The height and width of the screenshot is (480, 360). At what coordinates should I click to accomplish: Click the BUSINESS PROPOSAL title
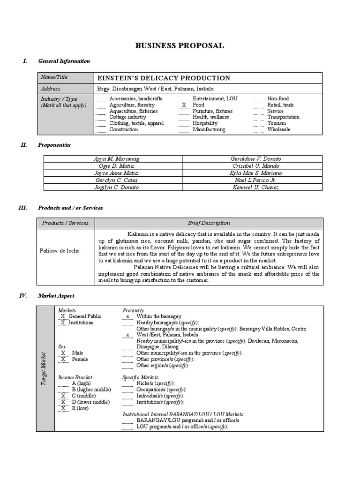pos(180,45)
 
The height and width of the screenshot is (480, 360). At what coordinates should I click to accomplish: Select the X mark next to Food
pos(184,105)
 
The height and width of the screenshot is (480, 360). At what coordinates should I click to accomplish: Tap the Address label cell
pos(50,89)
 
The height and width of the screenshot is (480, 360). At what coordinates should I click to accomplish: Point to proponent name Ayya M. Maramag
pos(117,159)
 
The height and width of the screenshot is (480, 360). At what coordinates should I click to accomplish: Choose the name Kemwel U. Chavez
pos(255,187)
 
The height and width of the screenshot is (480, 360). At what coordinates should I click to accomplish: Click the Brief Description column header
pos(209,223)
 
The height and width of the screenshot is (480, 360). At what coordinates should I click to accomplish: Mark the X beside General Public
pos(62,316)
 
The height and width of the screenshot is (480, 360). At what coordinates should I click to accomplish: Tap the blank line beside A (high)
pos(63,383)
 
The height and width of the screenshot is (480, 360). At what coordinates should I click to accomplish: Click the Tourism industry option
pos(276,123)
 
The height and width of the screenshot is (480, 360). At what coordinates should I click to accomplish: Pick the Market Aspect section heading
pos(56,296)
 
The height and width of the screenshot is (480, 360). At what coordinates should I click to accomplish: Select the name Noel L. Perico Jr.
pos(255,180)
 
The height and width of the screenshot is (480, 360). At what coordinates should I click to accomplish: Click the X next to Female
pos(62,359)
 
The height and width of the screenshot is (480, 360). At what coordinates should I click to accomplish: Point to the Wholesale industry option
pos(278,129)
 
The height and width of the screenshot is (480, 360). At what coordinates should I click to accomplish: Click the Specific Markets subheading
pos(140,377)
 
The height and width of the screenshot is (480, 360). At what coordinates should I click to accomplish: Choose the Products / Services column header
pos(65,223)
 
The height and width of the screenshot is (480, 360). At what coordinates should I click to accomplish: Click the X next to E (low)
pos(62,408)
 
